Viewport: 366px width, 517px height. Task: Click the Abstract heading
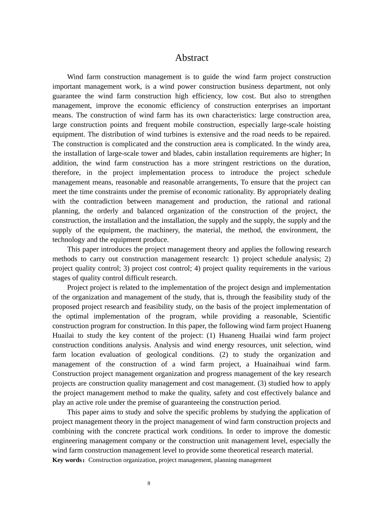click(191, 58)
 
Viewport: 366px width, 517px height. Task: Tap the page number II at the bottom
click(149, 484)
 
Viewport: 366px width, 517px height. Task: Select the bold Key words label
click(67, 460)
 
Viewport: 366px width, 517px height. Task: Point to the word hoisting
click(318, 125)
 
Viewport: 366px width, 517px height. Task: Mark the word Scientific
click(316, 316)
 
